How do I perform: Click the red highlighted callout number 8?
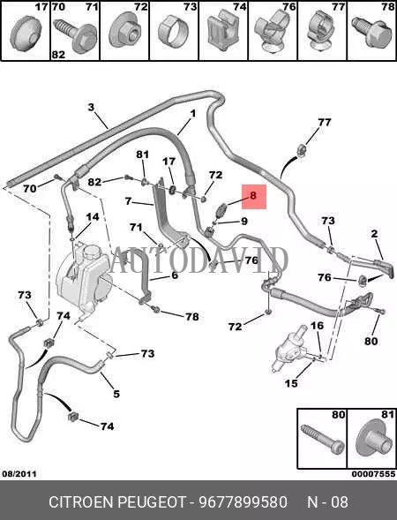(253, 195)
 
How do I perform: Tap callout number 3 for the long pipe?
(91, 107)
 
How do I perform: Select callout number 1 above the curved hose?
(192, 114)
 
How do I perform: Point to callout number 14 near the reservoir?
(93, 217)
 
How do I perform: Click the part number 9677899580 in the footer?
(243, 502)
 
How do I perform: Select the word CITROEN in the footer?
(81, 502)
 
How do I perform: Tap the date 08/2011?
(19, 474)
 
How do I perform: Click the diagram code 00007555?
(373, 474)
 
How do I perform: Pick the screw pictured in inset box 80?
(322, 439)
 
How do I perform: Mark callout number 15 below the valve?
(291, 383)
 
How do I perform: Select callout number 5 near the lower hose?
(116, 394)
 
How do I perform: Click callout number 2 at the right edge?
(374, 234)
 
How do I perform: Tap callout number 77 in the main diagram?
(324, 123)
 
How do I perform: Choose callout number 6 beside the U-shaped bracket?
(175, 275)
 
